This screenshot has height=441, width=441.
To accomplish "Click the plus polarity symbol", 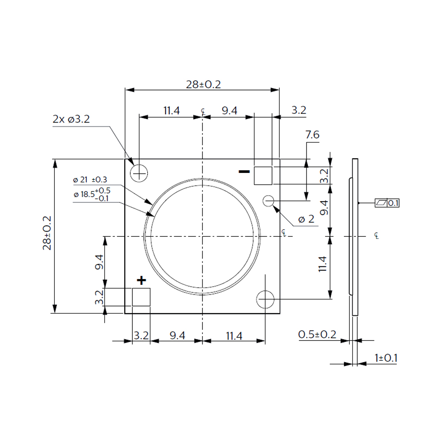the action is (142, 280).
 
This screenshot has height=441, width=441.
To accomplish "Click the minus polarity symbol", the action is (244, 171).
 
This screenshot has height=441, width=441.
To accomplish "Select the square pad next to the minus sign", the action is (263, 176).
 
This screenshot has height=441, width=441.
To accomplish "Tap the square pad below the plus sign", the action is (141, 297).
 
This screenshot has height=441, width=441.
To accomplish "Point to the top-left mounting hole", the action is (139, 173).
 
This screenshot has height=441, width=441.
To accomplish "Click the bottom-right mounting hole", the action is (265, 299).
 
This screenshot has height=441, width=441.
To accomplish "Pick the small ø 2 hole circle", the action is (268, 201).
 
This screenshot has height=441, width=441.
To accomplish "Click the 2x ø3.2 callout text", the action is (71, 119).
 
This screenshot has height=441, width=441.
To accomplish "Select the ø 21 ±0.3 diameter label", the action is (90, 179).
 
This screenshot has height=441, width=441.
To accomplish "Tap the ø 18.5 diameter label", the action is (92, 194).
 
